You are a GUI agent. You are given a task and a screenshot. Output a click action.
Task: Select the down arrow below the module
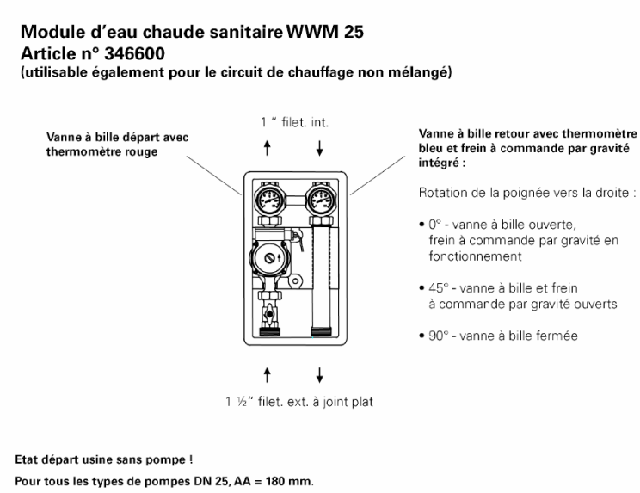coord(320,375)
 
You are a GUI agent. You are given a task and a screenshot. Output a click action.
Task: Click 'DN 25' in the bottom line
coord(196,476)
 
